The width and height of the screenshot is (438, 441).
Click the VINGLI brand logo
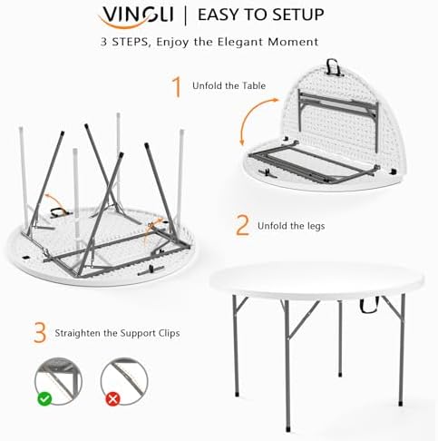(137, 16)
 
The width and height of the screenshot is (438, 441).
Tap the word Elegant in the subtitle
(241, 42)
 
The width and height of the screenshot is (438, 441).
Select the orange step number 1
(177, 87)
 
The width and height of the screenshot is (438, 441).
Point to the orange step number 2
(242, 225)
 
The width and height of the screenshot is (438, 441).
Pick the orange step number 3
(40, 333)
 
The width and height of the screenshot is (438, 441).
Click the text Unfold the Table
(229, 86)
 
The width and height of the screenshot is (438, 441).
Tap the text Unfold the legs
(291, 226)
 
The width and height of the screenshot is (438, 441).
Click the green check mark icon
(44, 398)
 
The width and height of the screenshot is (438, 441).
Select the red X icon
(112, 399)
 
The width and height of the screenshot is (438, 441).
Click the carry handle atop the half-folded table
(333, 67)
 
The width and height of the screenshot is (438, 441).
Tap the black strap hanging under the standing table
(369, 306)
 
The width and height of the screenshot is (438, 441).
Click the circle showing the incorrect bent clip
(124, 381)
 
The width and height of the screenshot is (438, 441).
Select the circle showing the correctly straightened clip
(58, 381)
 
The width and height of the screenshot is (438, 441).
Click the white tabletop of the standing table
(316, 279)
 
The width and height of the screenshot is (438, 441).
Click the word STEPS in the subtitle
(131, 42)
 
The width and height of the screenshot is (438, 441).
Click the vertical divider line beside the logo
(186, 15)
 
